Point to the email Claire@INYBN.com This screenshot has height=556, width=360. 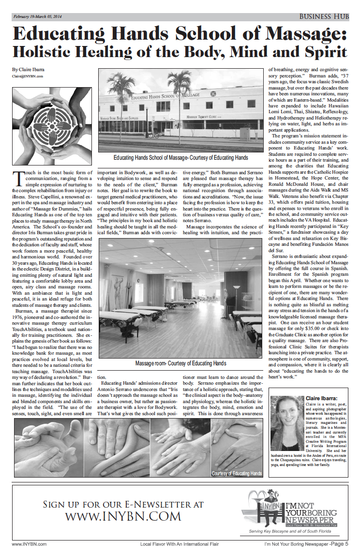coord(28,76)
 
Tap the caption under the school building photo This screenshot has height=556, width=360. coord(180,158)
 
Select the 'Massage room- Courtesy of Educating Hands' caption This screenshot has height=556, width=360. coord(180,363)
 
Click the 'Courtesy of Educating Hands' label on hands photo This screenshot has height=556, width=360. coord(237,473)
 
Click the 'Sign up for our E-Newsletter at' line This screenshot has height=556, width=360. coord(123,504)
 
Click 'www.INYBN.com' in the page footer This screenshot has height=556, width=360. coord(29,544)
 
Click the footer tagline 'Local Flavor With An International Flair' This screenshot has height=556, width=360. coord(180,544)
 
